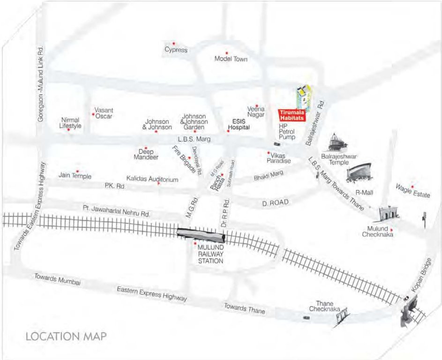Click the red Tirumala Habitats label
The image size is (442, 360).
[292, 115]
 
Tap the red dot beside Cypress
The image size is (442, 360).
[174, 43]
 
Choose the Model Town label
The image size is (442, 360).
[231, 59]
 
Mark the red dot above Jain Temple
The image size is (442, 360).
[77, 171]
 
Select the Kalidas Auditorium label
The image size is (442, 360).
[153, 179]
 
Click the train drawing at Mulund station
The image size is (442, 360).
[201, 234]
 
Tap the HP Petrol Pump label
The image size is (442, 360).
[286, 132]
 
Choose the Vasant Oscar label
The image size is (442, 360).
[104, 113]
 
